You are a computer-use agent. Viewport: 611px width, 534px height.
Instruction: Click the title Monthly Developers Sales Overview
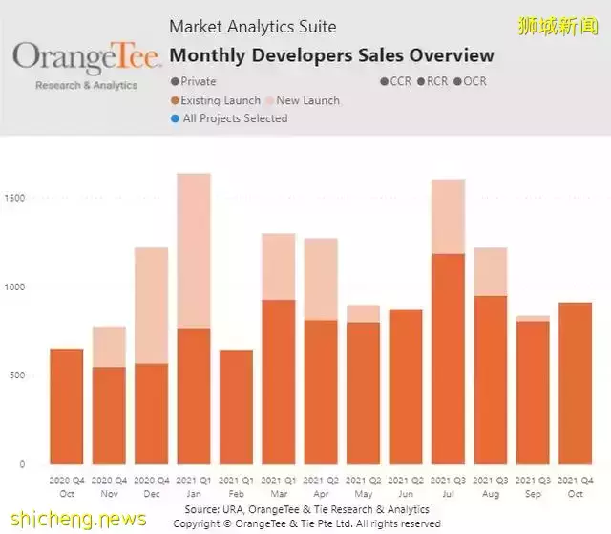pyautogui.click(x=331, y=55)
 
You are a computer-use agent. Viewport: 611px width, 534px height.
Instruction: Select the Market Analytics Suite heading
pyautogui.click(x=252, y=27)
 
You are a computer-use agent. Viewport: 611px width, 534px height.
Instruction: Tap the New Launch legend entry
pyautogui.click(x=302, y=100)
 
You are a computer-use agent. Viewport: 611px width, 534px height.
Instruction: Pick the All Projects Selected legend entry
pyautogui.click(x=235, y=118)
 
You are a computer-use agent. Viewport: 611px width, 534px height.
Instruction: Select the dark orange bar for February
pyautogui.click(x=236, y=407)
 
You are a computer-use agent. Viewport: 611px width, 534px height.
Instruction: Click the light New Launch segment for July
pyautogui.click(x=448, y=216)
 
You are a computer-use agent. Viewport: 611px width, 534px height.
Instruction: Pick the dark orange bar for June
pyautogui.click(x=406, y=387)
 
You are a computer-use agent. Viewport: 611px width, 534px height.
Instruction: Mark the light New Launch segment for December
pyautogui.click(x=152, y=305)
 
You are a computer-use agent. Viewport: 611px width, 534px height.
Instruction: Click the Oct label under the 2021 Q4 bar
pyautogui.click(x=575, y=494)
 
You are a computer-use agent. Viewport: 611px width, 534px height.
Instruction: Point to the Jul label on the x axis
pyautogui.click(x=448, y=494)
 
